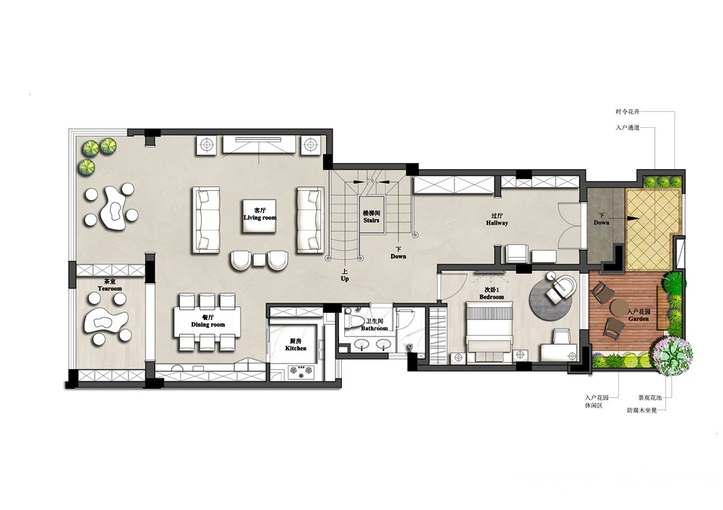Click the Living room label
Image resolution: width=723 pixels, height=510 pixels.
[x=260, y=217]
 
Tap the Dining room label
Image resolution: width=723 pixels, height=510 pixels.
[x=208, y=324]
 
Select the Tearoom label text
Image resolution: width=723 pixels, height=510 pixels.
[x=110, y=289]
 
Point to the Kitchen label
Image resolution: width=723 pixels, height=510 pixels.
[x=296, y=348]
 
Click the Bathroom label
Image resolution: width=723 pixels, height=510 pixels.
[x=375, y=329]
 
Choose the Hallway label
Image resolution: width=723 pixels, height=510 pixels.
[x=497, y=223]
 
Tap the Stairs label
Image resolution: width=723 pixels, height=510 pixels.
[x=371, y=220]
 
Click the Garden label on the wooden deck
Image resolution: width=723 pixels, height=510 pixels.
[x=638, y=319]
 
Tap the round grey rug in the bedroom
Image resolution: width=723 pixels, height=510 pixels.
[x=552, y=295]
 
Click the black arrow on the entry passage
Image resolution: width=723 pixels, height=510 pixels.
[x=633, y=219]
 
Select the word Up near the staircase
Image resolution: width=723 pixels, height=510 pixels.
[x=345, y=279]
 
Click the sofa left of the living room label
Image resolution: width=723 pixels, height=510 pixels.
[x=206, y=220]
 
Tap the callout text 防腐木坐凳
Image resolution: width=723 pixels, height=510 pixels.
[x=642, y=410]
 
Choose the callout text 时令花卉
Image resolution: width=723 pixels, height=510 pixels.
[x=628, y=111]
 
